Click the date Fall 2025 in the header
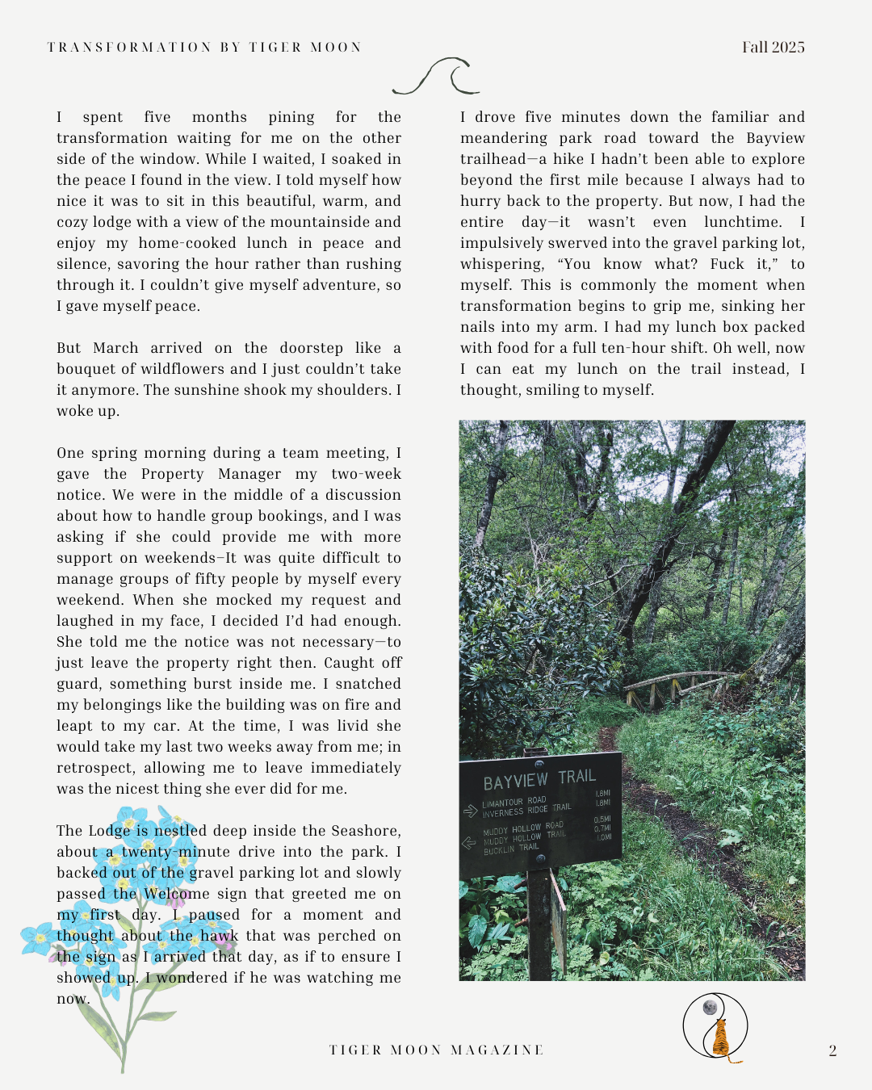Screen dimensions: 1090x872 pos(773,47)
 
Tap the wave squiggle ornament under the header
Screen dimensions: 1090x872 pos(435,78)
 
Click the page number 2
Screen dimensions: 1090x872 pos(832,1050)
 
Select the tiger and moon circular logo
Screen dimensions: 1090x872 pos(715,1027)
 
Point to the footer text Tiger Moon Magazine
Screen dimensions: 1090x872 pos(436,1050)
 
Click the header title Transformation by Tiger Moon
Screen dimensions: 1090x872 pos(204,47)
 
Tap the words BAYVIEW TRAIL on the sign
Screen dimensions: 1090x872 pos(539,779)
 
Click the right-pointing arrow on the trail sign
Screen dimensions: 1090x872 pos(471,810)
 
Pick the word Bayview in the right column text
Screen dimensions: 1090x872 pos(775,138)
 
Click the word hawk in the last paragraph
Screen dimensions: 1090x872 pos(220,936)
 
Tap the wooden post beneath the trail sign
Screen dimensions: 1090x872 pos(538,929)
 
